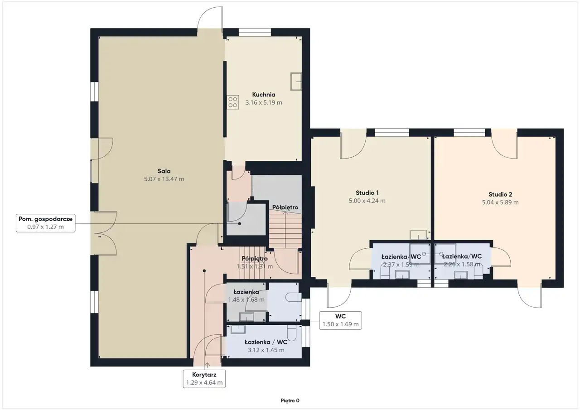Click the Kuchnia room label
tap(264, 95)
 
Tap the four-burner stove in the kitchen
tap(233, 102)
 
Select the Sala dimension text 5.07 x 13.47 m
tap(164, 179)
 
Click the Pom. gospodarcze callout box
tap(46, 223)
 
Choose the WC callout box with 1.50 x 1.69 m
tap(340, 320)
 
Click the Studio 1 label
tap(367, 193)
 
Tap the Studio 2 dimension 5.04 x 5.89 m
tap(500, 203)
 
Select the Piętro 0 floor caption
tap(290, 400)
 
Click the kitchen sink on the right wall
tap(296, 82)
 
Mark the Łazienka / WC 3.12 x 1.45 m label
tap(266, 346)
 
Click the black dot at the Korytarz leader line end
tap(204, 271)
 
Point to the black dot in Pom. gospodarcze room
tap(240, 224)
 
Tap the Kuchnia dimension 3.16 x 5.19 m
tap(264, 102)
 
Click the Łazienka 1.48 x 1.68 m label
tap(246, 296)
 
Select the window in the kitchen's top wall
tap(255, 32)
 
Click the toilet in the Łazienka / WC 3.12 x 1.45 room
tap(292, 333)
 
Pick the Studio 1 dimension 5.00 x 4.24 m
tap(367, 201)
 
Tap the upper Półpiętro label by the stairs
tap(285, 207)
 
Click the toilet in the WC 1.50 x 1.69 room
tap(294, 297)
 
